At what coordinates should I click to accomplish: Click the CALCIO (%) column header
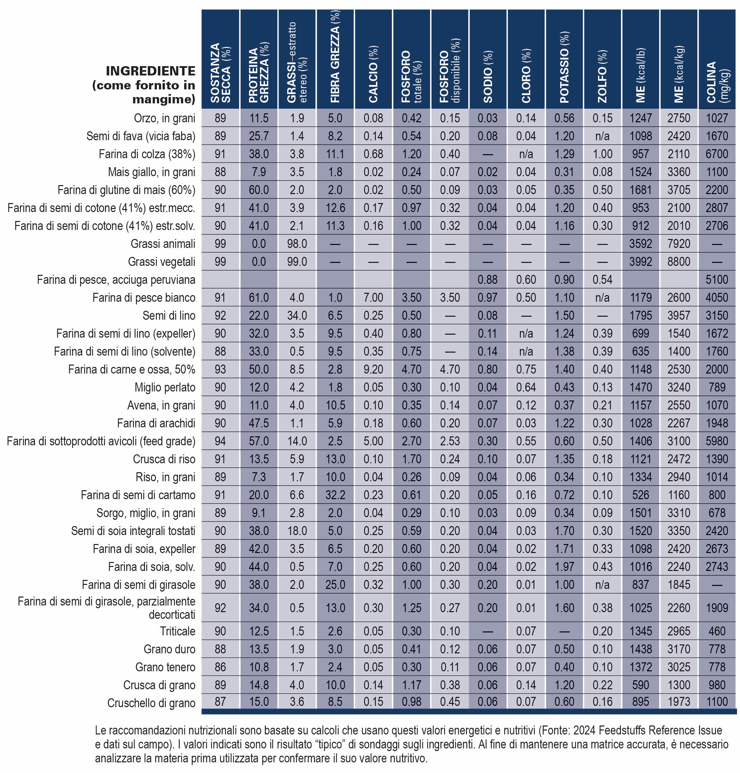click(x=373, y=74)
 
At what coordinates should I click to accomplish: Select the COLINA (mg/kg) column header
click(x=717, y=82)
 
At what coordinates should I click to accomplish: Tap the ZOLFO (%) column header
click(x=602, y=76)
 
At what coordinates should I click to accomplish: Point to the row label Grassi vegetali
click(x=162, y=262)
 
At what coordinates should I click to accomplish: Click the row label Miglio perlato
click(x=165, y=387)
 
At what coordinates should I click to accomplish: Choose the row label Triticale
click(x=178, y=631)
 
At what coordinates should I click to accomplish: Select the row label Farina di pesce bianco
click(x=144, y=297)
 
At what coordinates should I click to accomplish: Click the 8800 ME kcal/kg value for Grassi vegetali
click(x=679, y=262)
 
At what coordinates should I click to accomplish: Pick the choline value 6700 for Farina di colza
click(x=717, y=154)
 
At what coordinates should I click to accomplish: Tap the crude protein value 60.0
click(x=259, y=190)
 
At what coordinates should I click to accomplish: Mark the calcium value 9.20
click(x=373, y=369)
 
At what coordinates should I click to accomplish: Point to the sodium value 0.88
click(x=488, y=279)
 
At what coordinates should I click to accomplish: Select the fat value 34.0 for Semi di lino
click(x=297, y=315)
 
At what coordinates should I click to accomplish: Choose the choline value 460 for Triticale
click(x=717, y=631)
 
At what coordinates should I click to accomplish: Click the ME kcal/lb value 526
click(x=641, y=495)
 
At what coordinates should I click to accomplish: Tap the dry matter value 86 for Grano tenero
click(x=220, y=667)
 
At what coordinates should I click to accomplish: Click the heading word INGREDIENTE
click(x=151, y=71)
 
